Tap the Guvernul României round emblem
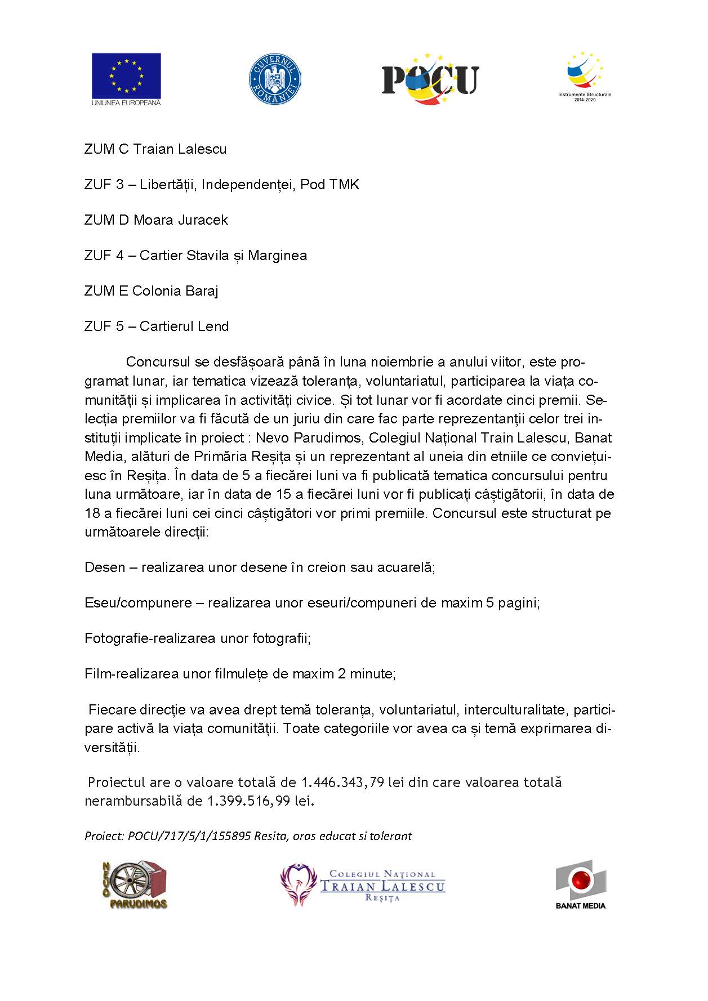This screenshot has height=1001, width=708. coord(275,78)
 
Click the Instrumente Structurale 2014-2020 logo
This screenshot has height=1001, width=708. coord(585,76)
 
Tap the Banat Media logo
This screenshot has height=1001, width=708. coord(580,884)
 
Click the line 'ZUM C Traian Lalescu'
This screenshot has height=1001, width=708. coord(155,149)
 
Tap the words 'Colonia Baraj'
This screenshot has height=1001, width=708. coord(175,291)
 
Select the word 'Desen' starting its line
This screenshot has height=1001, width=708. coord(105,567)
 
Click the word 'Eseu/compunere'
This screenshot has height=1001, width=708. coord(138,603)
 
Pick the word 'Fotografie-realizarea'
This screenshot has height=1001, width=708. coord(150,638)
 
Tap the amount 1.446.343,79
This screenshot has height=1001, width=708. coord(342,783)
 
